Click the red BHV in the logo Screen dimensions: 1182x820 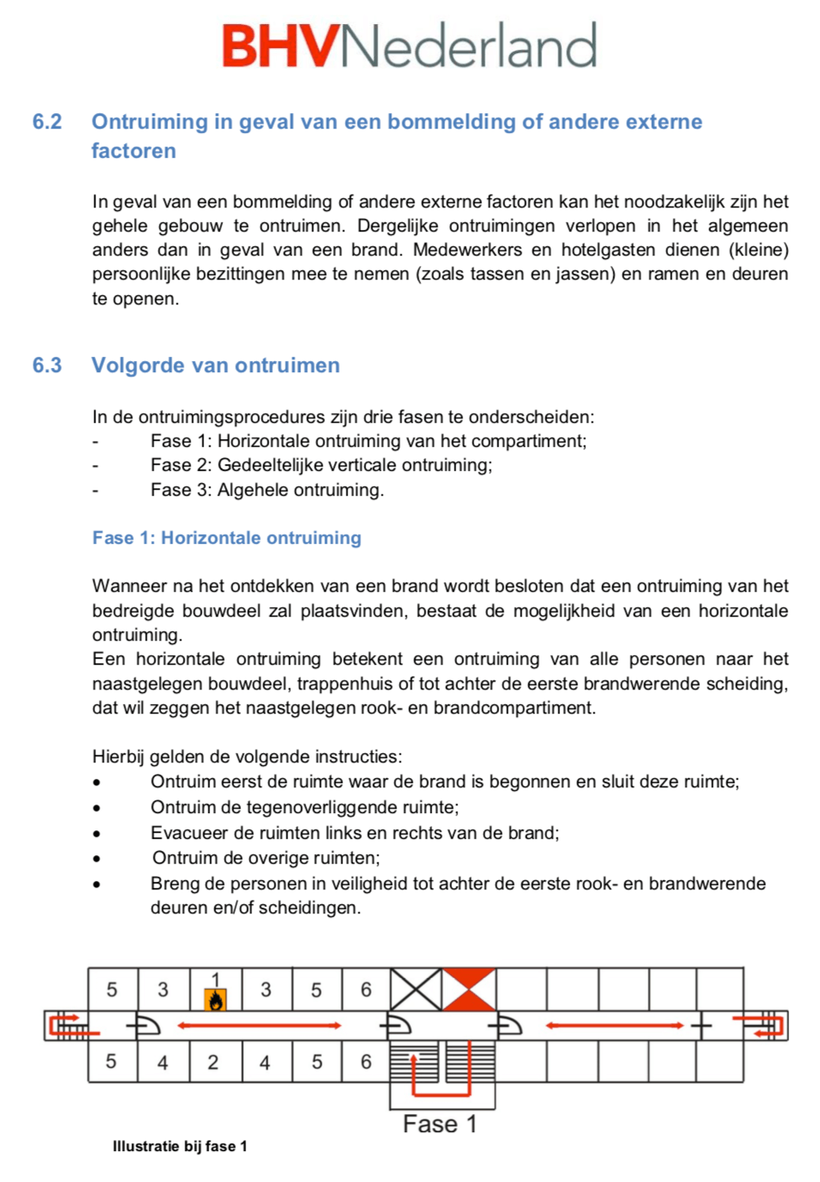coord(280,46)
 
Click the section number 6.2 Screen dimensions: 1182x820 coord(47,122)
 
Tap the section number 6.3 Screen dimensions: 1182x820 coord(47,365)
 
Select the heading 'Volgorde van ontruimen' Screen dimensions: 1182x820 coord(215,365)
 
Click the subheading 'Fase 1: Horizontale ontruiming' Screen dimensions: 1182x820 coord(226,538)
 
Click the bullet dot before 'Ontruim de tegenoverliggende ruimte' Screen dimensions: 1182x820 coord(97,807)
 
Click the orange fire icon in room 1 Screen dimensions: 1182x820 coord(216,999)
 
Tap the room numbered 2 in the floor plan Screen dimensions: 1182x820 coord(214,1062)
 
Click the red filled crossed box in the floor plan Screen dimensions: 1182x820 coord(469,989)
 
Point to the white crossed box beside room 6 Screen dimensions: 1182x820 coord(416,989)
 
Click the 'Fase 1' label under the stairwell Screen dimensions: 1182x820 coord(439,1124)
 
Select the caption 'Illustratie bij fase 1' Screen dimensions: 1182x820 coord(179,1146)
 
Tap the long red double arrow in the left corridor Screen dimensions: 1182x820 coord(259,1025)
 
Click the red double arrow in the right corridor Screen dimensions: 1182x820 coord(615,1025)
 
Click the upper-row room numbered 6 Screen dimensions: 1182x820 coord(366,989)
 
